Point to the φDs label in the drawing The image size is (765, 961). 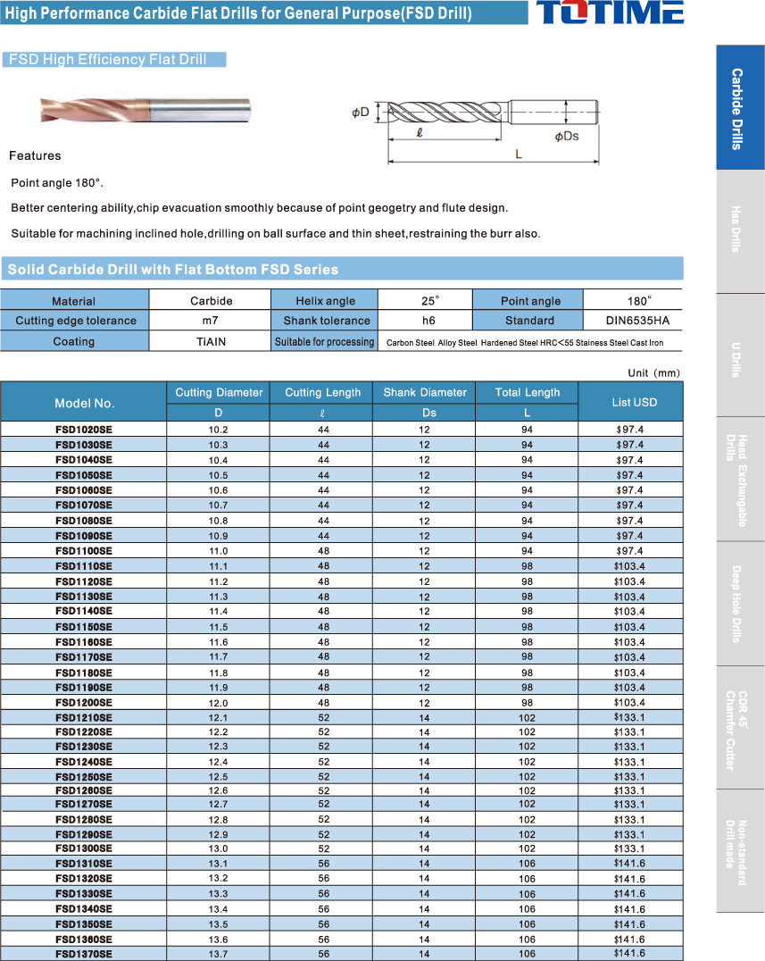566,136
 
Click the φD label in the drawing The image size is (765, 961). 360,113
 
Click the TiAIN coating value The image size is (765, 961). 211,341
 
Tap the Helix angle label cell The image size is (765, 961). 325,301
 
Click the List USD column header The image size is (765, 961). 634,402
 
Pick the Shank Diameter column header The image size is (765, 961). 425,392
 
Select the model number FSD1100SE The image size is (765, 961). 84,551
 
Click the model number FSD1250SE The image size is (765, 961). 84,776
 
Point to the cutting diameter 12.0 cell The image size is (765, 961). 218,703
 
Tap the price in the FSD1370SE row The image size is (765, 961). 629,953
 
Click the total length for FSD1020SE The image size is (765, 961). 527,430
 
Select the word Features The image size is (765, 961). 35,156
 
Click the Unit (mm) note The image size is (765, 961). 654,372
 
